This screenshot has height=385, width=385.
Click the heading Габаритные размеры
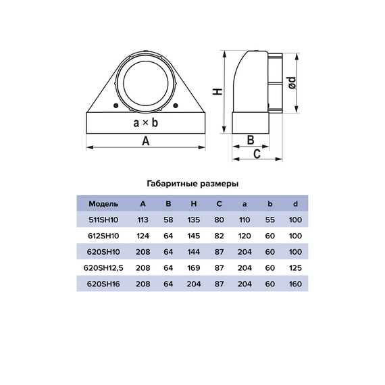click(x=192, y=183)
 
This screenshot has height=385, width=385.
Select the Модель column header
click(x=103, y=203)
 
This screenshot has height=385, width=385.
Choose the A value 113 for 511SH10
click(x=143, y=220)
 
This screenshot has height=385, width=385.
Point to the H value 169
click(x=194, y=268)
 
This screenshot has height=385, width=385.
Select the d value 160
click(x=295, y=284)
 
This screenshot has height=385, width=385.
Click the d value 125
click(x=295, y=268)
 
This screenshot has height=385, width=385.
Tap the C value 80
click(x=220, y=220)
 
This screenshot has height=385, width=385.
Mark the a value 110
click(x=245, y=220)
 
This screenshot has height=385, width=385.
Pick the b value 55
click(x=270, y=220)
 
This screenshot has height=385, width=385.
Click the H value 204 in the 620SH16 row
click(x=194, y=284)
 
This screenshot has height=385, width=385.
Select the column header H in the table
click(x=194, y=203)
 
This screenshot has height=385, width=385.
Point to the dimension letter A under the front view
click(x=145, y=140)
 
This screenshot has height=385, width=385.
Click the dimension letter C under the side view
click(x=257, y=153)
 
